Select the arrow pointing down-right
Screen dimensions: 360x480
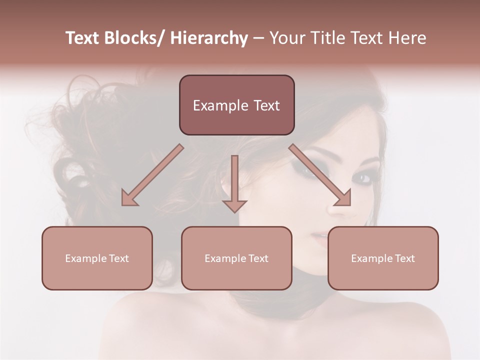tap(320, 175)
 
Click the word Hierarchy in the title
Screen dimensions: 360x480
tap(209, 38)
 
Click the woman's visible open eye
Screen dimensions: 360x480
tap(364, 177)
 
